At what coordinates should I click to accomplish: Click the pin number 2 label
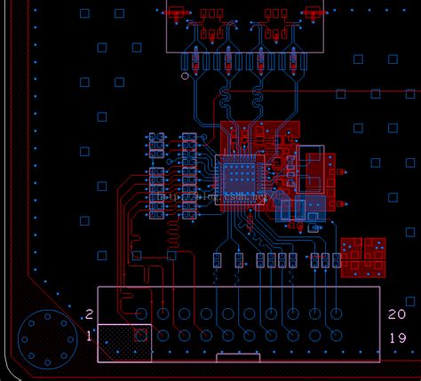click(x=89, y=314)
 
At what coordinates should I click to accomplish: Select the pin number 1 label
click(x=89, y=336)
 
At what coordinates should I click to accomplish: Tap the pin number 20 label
click(x=397, y=314)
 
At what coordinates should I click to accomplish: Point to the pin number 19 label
click(x=397, y=337)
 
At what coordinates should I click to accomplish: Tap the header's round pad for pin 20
click(x=336, y=314)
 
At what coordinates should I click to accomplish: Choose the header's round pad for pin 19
click(x=336, y=335)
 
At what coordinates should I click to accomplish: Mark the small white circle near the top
click(x=185, y=76)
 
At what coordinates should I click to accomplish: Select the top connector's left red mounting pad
click(x=176, y=12)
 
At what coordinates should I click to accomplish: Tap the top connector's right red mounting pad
click(x=313, y=12)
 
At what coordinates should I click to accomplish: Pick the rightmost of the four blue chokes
click(x=292, y=62)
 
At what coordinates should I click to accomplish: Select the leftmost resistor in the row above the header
click(x=218, y=260)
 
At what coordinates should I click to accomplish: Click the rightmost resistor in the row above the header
click(x=336, y=260)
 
